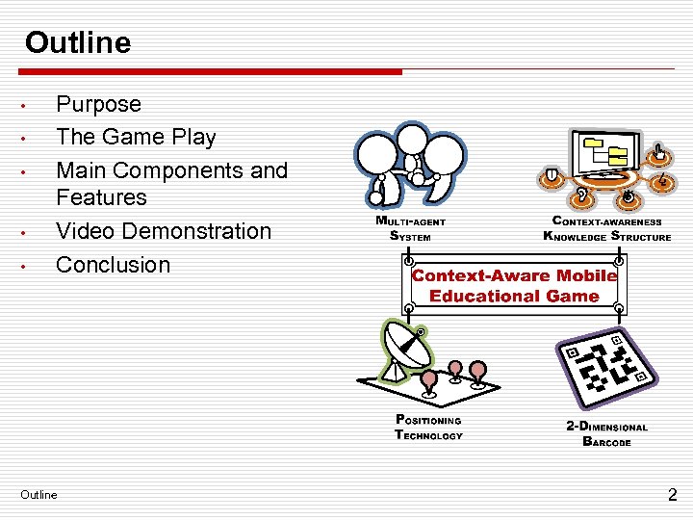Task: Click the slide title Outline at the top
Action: [78, 42]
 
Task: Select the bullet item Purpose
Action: [98, 104]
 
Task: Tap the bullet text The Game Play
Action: [136, 137]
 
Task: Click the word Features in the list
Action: [101, 197]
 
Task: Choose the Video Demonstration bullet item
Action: [164, 231]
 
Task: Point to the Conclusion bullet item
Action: [113, 264]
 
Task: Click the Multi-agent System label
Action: [410, 227]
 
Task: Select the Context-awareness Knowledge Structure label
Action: [606, 228]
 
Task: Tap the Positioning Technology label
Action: [428, 428]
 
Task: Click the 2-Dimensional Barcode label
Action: [606, 434]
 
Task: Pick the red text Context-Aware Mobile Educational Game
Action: [514, 286]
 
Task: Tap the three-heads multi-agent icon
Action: [410, 164]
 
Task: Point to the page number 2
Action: [673, 495]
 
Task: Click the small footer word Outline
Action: [38, 495]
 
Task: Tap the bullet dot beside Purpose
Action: [32, 105]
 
